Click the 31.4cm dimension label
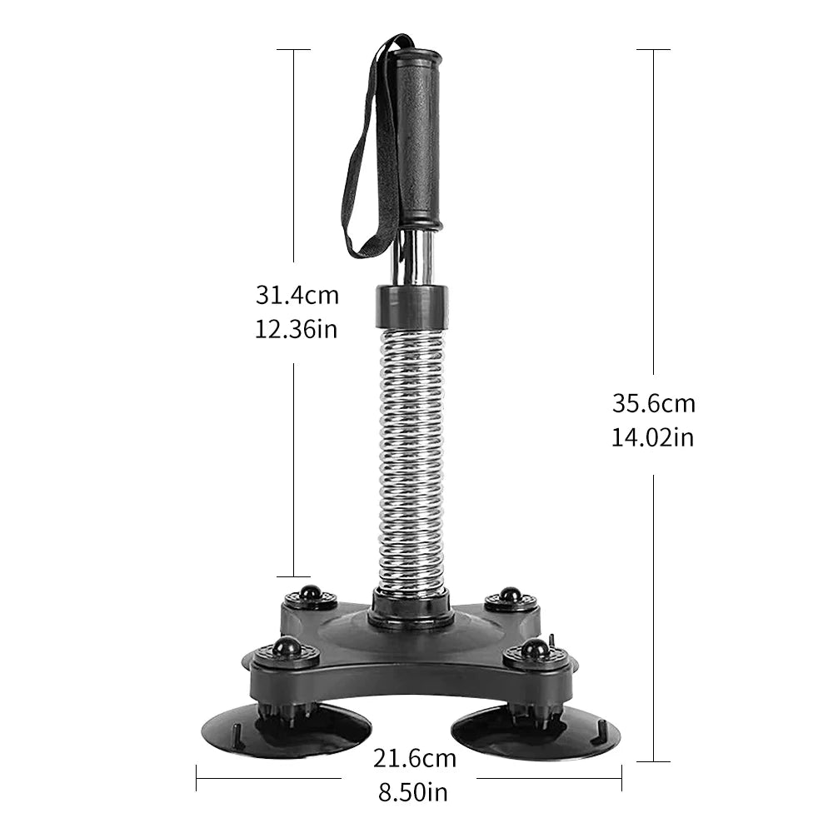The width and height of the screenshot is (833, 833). [x=297, y=295]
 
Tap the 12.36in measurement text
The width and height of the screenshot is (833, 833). [x=297, y=328]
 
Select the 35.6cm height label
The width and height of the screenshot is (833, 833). [x=654, y=404]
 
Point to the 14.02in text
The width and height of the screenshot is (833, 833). [x=653, y=437]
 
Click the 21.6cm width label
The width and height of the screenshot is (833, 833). [x=415, y=758]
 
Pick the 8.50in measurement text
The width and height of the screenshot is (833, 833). [x=415, y=791]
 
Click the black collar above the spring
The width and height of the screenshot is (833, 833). [x=412, y=306]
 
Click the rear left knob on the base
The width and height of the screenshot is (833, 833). [x=311, y=594]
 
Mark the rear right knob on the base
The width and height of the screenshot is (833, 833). [x=510, y=595]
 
